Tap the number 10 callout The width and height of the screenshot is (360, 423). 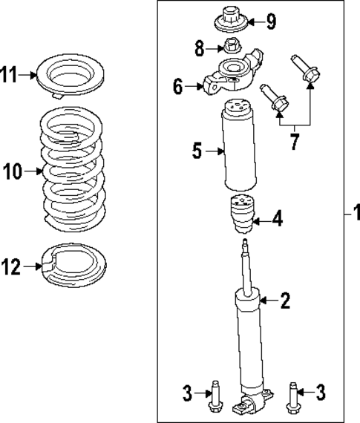pyautogui.click(x=13, y=172)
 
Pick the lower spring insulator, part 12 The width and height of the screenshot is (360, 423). pyautogui.click(x=73, y=264)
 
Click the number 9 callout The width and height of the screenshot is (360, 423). pyautogui.click(x=271, y=22)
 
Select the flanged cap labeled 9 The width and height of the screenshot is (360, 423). pyautogui.click(x=232, y=20)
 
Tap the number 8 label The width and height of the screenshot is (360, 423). pyautogui.click(x=198, y=50)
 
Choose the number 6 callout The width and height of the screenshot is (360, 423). pyautogui.click(x=178, y=88)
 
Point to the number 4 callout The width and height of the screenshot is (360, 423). pyautogui.click(x=277, y=219)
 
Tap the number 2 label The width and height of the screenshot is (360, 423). pyautogui.click(x=285, y=301)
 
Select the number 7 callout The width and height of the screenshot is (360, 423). pyautogui.click(x=295, y=141)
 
